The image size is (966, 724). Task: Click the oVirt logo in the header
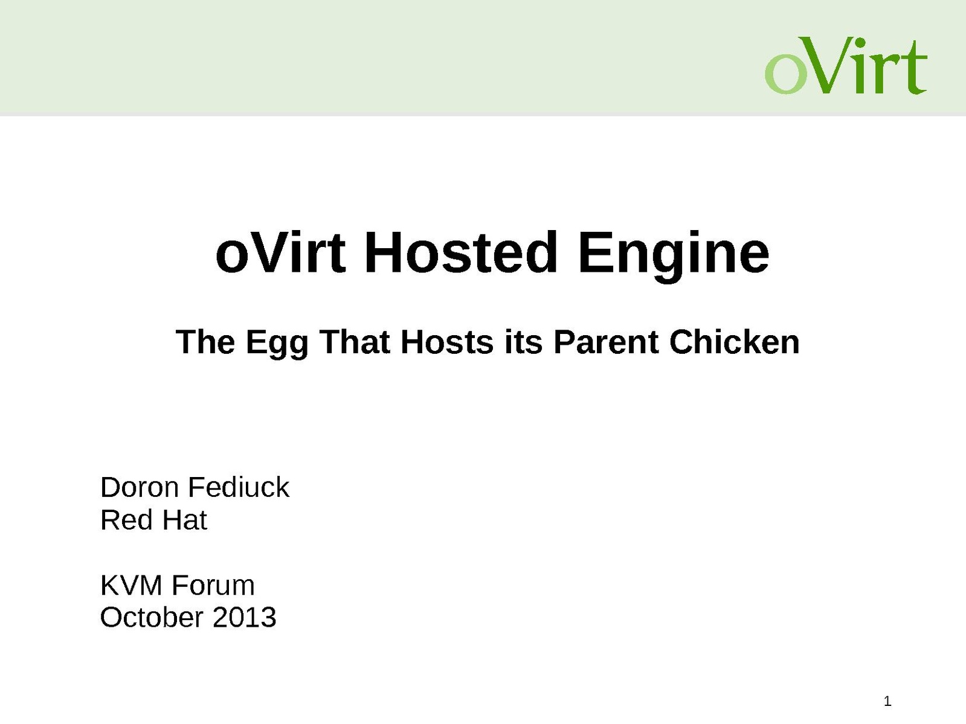pyautogui.click(x=846, y=66)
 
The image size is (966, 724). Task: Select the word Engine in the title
pyautogui.click(x=674, y=255)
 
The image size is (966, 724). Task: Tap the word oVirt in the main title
pyautogui.click(x=280, y=253)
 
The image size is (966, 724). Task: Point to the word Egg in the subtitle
pyautogui.click(x=277, y=344)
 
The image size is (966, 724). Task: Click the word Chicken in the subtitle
pyautogui.click(x=734, y=342)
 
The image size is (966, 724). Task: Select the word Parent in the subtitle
pyautogui.click(x=606, y=342)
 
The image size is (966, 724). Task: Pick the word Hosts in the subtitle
pyautogui.click(x=447, y=342)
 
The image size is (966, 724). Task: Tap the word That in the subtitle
pyautogui.click(x=354, y=342)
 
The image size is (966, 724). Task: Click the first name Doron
pyautogui.click(x=139, y=487)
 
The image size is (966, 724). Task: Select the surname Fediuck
pyautogui.click(x=239, y=487)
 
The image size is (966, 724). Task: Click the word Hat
pyautogui.click(x=184, y=520)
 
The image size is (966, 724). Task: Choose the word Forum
pyautogui.click(x=213, y=585)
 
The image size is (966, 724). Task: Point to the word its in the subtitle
pyautogui.click(x=523, y=342)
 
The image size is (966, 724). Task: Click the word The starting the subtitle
pyautogui.click(x=205, y=342)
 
